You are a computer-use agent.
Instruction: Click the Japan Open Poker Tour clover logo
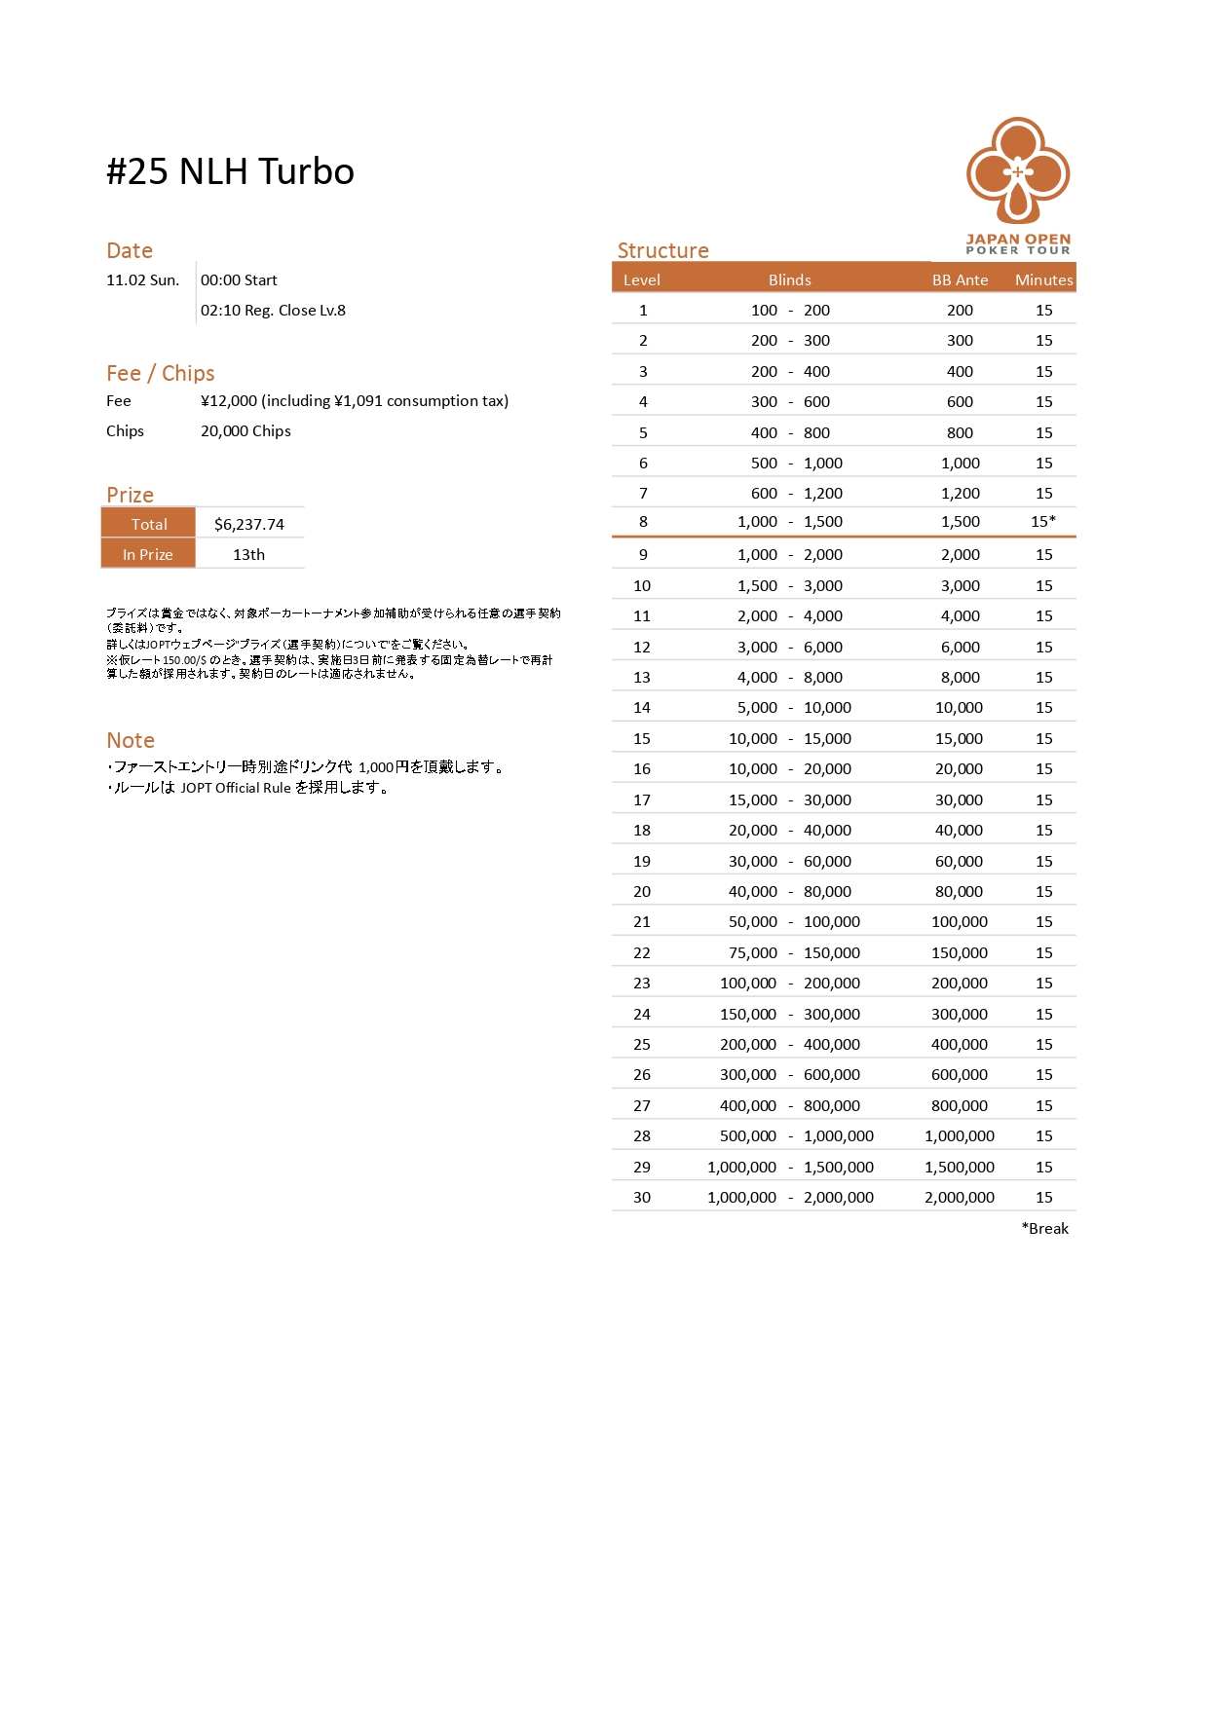pos(1018,171)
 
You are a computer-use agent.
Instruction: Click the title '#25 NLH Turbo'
pos(230,172)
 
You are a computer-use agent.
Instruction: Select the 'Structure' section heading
pos(662,250)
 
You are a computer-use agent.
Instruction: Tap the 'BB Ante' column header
pos(960,280)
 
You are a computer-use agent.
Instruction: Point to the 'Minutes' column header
pos(1043,280)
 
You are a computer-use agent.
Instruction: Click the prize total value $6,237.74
pos(249,524)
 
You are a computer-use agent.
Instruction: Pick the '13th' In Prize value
pos(248,554)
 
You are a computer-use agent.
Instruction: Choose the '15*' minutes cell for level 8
pos(1042,521)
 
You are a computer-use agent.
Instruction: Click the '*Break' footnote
pos(1044,1228)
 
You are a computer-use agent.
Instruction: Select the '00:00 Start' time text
pos(239,280)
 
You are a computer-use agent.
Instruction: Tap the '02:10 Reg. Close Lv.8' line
pos(273,311)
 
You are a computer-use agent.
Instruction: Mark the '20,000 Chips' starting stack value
pos(245,431)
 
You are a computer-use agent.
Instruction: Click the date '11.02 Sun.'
pos(142,280)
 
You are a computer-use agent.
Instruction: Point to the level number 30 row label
pos(642,1197)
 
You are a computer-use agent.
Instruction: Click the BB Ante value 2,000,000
pos(960,1197)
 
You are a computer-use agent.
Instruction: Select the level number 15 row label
pos(642,738)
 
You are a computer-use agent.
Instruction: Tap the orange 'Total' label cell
pos(149,524)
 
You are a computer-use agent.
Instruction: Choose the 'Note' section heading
pos(131,740)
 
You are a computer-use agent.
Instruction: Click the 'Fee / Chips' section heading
pos(161,373)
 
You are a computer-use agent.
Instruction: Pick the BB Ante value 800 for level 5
pos(960,432)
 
